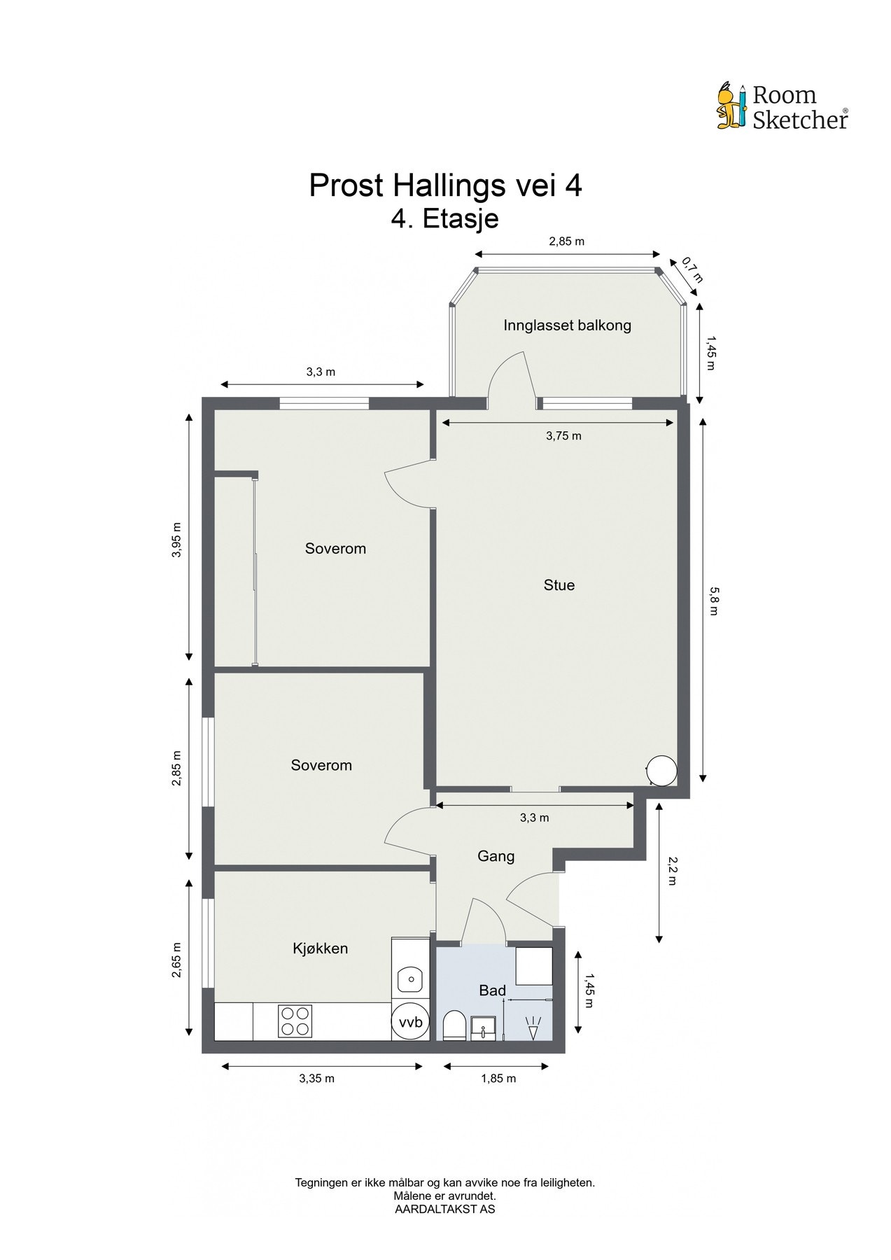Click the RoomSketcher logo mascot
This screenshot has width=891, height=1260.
(x=732, y=106)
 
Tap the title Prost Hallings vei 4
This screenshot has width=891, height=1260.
(x=445, y=186)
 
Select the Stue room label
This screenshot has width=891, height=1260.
(x=559, y=585)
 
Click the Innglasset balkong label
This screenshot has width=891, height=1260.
(x=567, y=325)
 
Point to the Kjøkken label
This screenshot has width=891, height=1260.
(x=320, y=949)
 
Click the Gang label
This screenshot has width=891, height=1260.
(x=496, y=856)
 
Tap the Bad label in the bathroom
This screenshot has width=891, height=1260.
(x=492, y=990)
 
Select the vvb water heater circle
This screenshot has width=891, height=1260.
(x=410, y=1023)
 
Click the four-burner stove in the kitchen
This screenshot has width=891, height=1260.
(x=295, y=1021)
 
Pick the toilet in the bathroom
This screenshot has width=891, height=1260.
(x=453, y=1025)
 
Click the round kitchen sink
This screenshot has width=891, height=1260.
(x=411, y=979)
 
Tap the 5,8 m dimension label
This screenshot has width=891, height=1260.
(x=713, y=600)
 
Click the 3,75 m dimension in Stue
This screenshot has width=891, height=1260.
(x=563, y=436)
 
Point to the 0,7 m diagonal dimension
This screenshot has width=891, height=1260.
(x=692, y=270)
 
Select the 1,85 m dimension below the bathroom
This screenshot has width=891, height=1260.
(x=498, y=1079)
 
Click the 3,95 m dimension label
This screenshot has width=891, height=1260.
(x=177, y=540)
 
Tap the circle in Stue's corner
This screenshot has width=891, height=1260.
(x=661, y=771)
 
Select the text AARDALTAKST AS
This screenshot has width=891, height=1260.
(x=444, y=1209)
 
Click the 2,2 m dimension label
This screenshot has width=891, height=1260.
(x=671, y=872)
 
